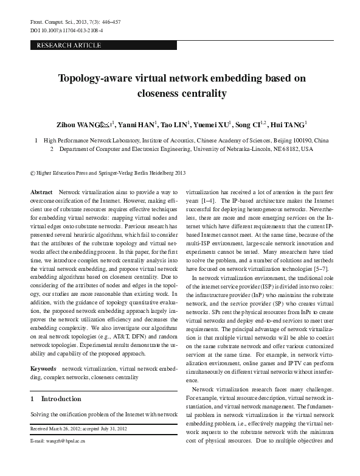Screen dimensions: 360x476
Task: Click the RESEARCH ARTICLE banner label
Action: [69, 46]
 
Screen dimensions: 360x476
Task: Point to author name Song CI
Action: [247, 125]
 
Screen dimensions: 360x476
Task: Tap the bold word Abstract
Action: [41, 191]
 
